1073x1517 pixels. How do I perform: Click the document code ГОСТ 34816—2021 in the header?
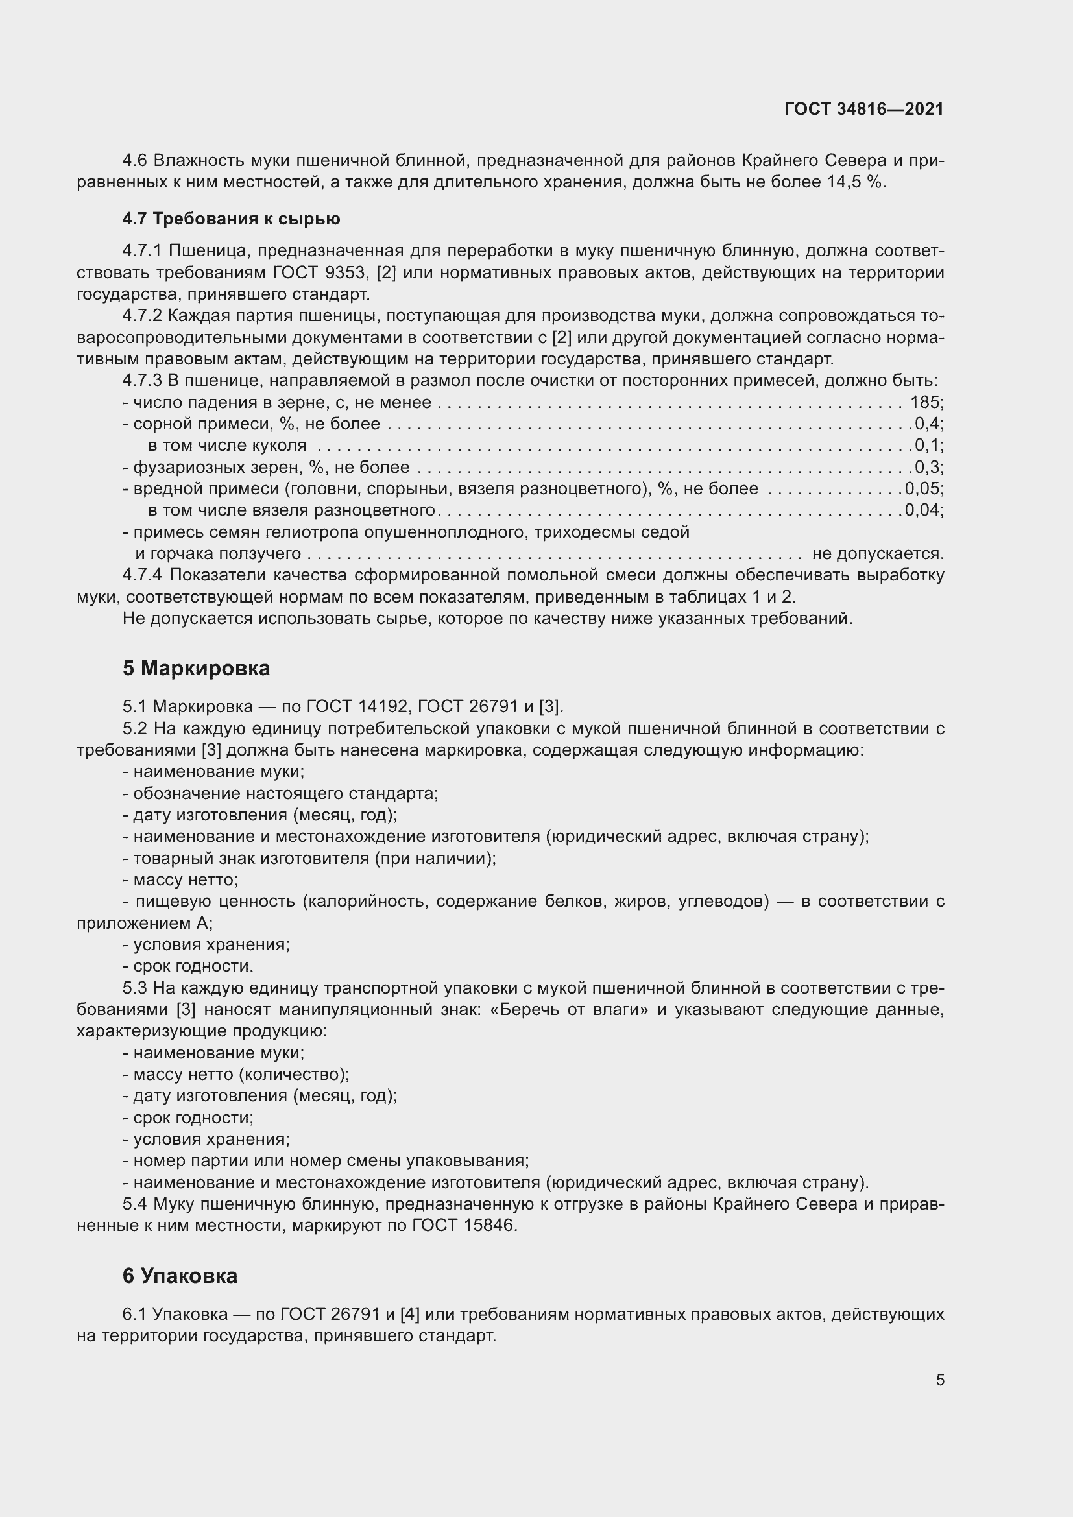click(863, 110)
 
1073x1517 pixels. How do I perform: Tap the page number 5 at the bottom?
click(939, 1380)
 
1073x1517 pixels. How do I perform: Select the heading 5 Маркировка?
click(196, 668)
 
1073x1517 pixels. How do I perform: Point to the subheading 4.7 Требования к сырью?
click(231, 219)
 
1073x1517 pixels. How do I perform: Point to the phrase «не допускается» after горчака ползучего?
click(877, 554)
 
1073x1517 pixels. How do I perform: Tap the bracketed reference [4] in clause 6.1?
click(409, 1314)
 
